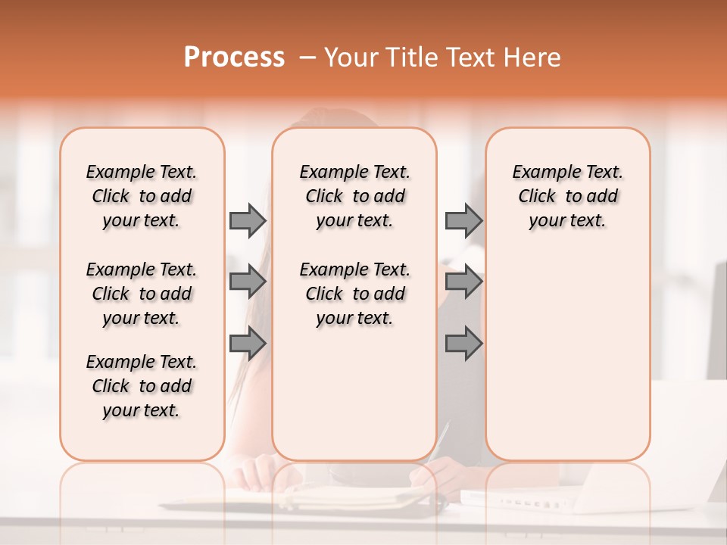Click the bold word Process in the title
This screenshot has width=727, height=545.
click(x=234, y=57)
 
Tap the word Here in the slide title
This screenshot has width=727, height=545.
click(x=533, y=57)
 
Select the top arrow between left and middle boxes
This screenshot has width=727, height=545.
click(x=247, y=220)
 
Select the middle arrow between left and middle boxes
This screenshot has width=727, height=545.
click(x=247, y=282)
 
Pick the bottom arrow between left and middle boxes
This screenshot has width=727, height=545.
click(x=247, y=344)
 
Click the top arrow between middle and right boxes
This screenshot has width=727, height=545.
click(x=463, y=220)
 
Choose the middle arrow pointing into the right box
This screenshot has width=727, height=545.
click(x=463, y=282)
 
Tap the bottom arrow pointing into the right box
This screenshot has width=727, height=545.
click(x=463, y=344)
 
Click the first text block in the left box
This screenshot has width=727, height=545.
click(x=142, y=196)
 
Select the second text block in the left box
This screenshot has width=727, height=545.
click(x=142, y=294)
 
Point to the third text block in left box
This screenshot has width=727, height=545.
click(x=142, y=386)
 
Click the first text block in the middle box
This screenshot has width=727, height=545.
click(x=355, y=196)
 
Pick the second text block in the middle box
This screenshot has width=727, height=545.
click(x=355, y=294)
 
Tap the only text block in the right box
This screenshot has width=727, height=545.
click(x=568, y=196)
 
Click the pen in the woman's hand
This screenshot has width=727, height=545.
click(x=438, y=443)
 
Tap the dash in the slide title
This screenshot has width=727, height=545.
click(x=307, y=58)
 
